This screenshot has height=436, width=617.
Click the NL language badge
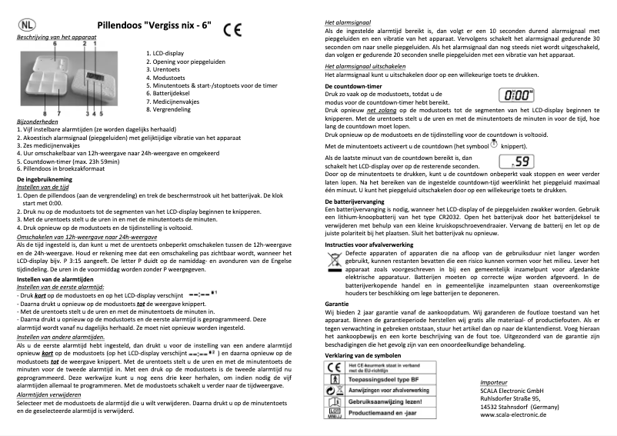tap(28, 25)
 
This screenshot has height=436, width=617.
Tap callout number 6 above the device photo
tap(55, 44)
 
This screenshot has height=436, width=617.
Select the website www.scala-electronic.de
tap(513, 414)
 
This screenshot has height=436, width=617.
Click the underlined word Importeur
tap(493, 381)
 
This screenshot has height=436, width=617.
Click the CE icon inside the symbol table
tap(336, 368)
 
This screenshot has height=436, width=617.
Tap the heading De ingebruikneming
tap(45, 178)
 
